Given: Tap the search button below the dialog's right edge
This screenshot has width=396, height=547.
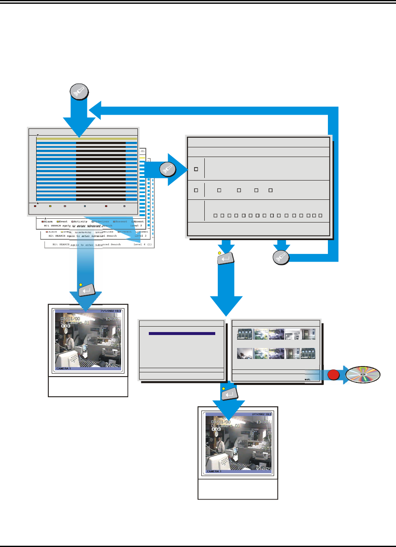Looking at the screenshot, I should pyautogui.click(x=280, y=257).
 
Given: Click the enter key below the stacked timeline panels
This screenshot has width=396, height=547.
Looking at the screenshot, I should pyautogui.click(x=87, y=289).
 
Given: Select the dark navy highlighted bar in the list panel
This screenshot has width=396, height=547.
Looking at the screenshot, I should pyautogui.click(x=182, y=334).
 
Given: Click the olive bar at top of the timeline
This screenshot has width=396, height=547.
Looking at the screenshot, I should pyautogui.click(x=87, y=138).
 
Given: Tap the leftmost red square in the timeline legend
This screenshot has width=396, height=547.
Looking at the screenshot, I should pyautogui.click(x=35, y=206).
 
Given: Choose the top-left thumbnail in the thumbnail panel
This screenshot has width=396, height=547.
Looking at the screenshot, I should pyautogui.click(x=245, y=334).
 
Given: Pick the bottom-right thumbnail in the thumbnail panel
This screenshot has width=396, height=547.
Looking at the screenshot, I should pyautogui.click(x=308, y=353).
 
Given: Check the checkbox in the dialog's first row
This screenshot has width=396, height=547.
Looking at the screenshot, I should pyautogui.click(x=196, y=169).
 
